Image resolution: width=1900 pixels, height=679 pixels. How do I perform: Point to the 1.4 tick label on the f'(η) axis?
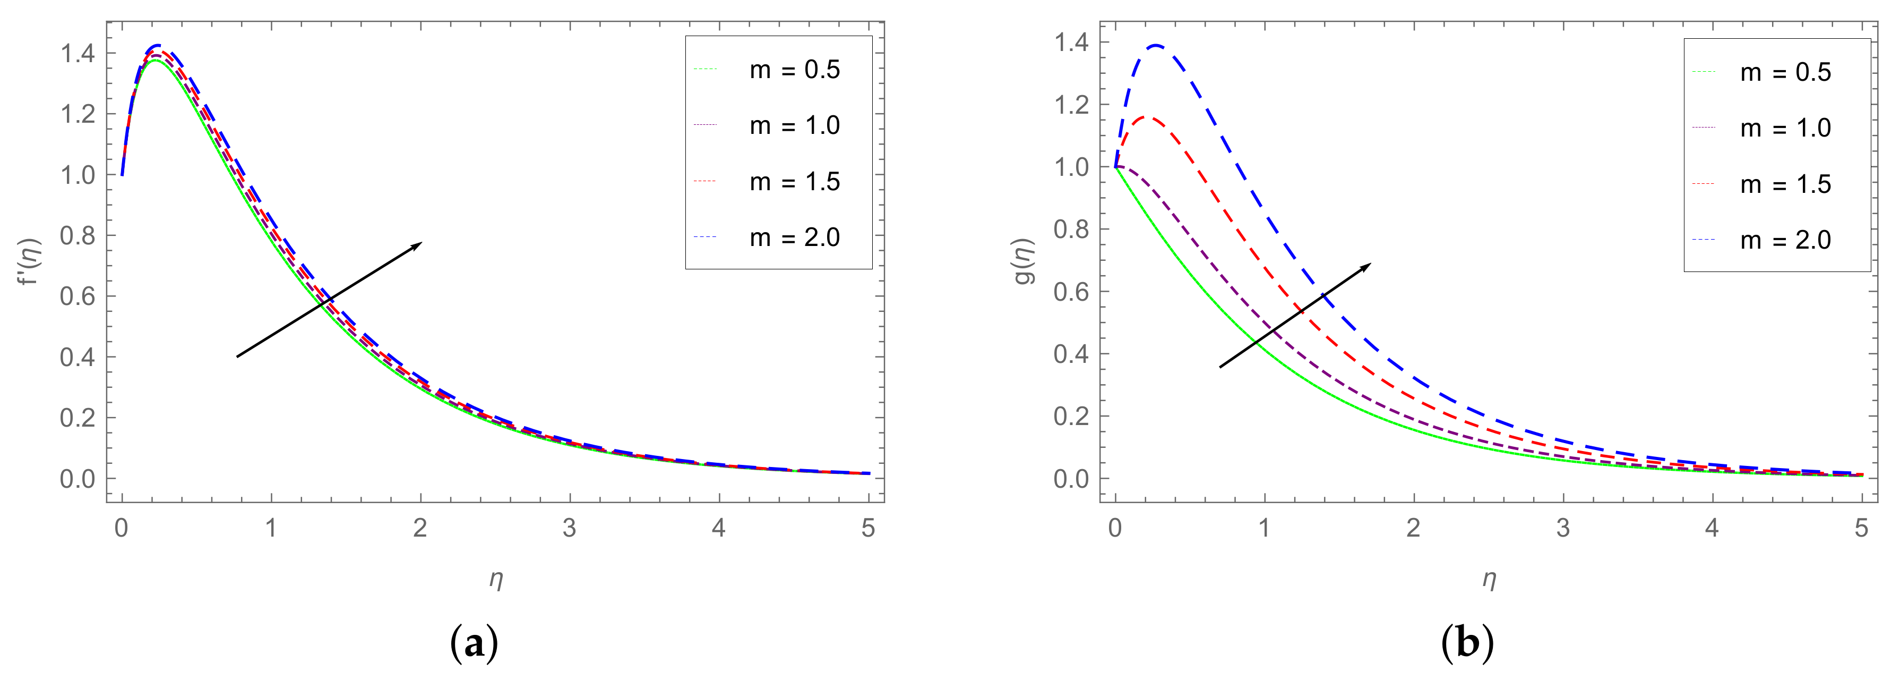pyautogui.click(x=78, y=53)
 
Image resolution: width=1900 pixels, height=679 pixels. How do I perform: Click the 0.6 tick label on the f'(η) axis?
pyautogui.click(x=78, y=296)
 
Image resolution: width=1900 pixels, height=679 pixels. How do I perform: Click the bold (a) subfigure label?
pyautogui.click(x=474, y=644)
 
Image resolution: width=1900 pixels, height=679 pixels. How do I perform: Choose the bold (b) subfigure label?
pyautogui.click(x=1467, y=644)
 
